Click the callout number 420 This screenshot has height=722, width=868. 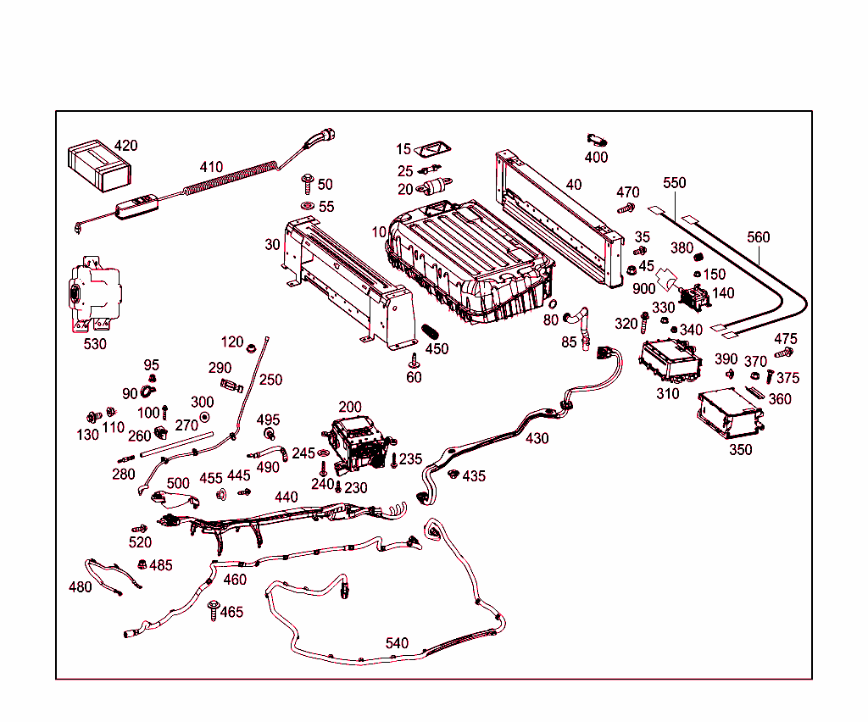click(125, 145)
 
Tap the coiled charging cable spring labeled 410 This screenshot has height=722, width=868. click(229, 180)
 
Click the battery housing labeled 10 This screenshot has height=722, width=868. click(466, 258)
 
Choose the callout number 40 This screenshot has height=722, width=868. click(574, 185)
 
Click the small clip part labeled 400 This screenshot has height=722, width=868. click(597, 139)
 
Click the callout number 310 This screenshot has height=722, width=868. click(667, 393)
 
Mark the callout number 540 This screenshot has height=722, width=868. click(397, 643)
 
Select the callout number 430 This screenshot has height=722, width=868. click(537, 438)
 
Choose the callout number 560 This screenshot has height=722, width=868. click(759, 237)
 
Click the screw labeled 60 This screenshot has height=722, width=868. click(414, 361)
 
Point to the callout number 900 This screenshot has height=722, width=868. click(644, 288)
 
